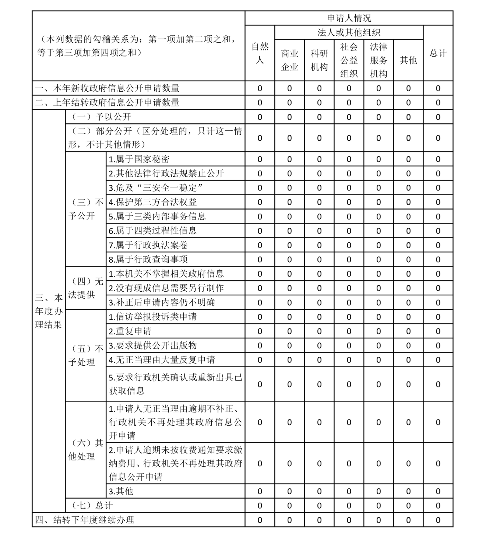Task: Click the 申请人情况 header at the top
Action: [x=349, y=18]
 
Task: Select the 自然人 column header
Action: [x=260, y=53]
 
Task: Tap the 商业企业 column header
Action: [x=289, y=60]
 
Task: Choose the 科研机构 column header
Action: [x=319, y=60]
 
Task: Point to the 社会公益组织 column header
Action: [x=349, y=60]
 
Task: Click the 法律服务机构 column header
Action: [x=378, y=60]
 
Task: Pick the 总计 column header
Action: [x=438, y=53]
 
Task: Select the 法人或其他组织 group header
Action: [x=349, y=32]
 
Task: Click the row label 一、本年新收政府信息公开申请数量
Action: [x=107, y=88]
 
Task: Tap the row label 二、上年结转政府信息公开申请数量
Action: [x=107, y=102]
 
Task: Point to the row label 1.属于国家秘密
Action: [x=139, y=159]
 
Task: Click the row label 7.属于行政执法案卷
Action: [x=148, y=245]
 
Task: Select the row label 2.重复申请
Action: [x=130, y=331]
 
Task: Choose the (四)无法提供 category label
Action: [x=86, y=288]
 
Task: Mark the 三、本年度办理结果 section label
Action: [x=49, y=311]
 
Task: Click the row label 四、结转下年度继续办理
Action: [x=85, y=520]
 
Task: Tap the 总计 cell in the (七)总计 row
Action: [x=438, y=506]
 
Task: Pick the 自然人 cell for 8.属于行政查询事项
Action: [x=260, y=260]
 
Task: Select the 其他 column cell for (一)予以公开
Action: [x=408, y=117]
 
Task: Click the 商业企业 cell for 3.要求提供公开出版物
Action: [x=289, y=345]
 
